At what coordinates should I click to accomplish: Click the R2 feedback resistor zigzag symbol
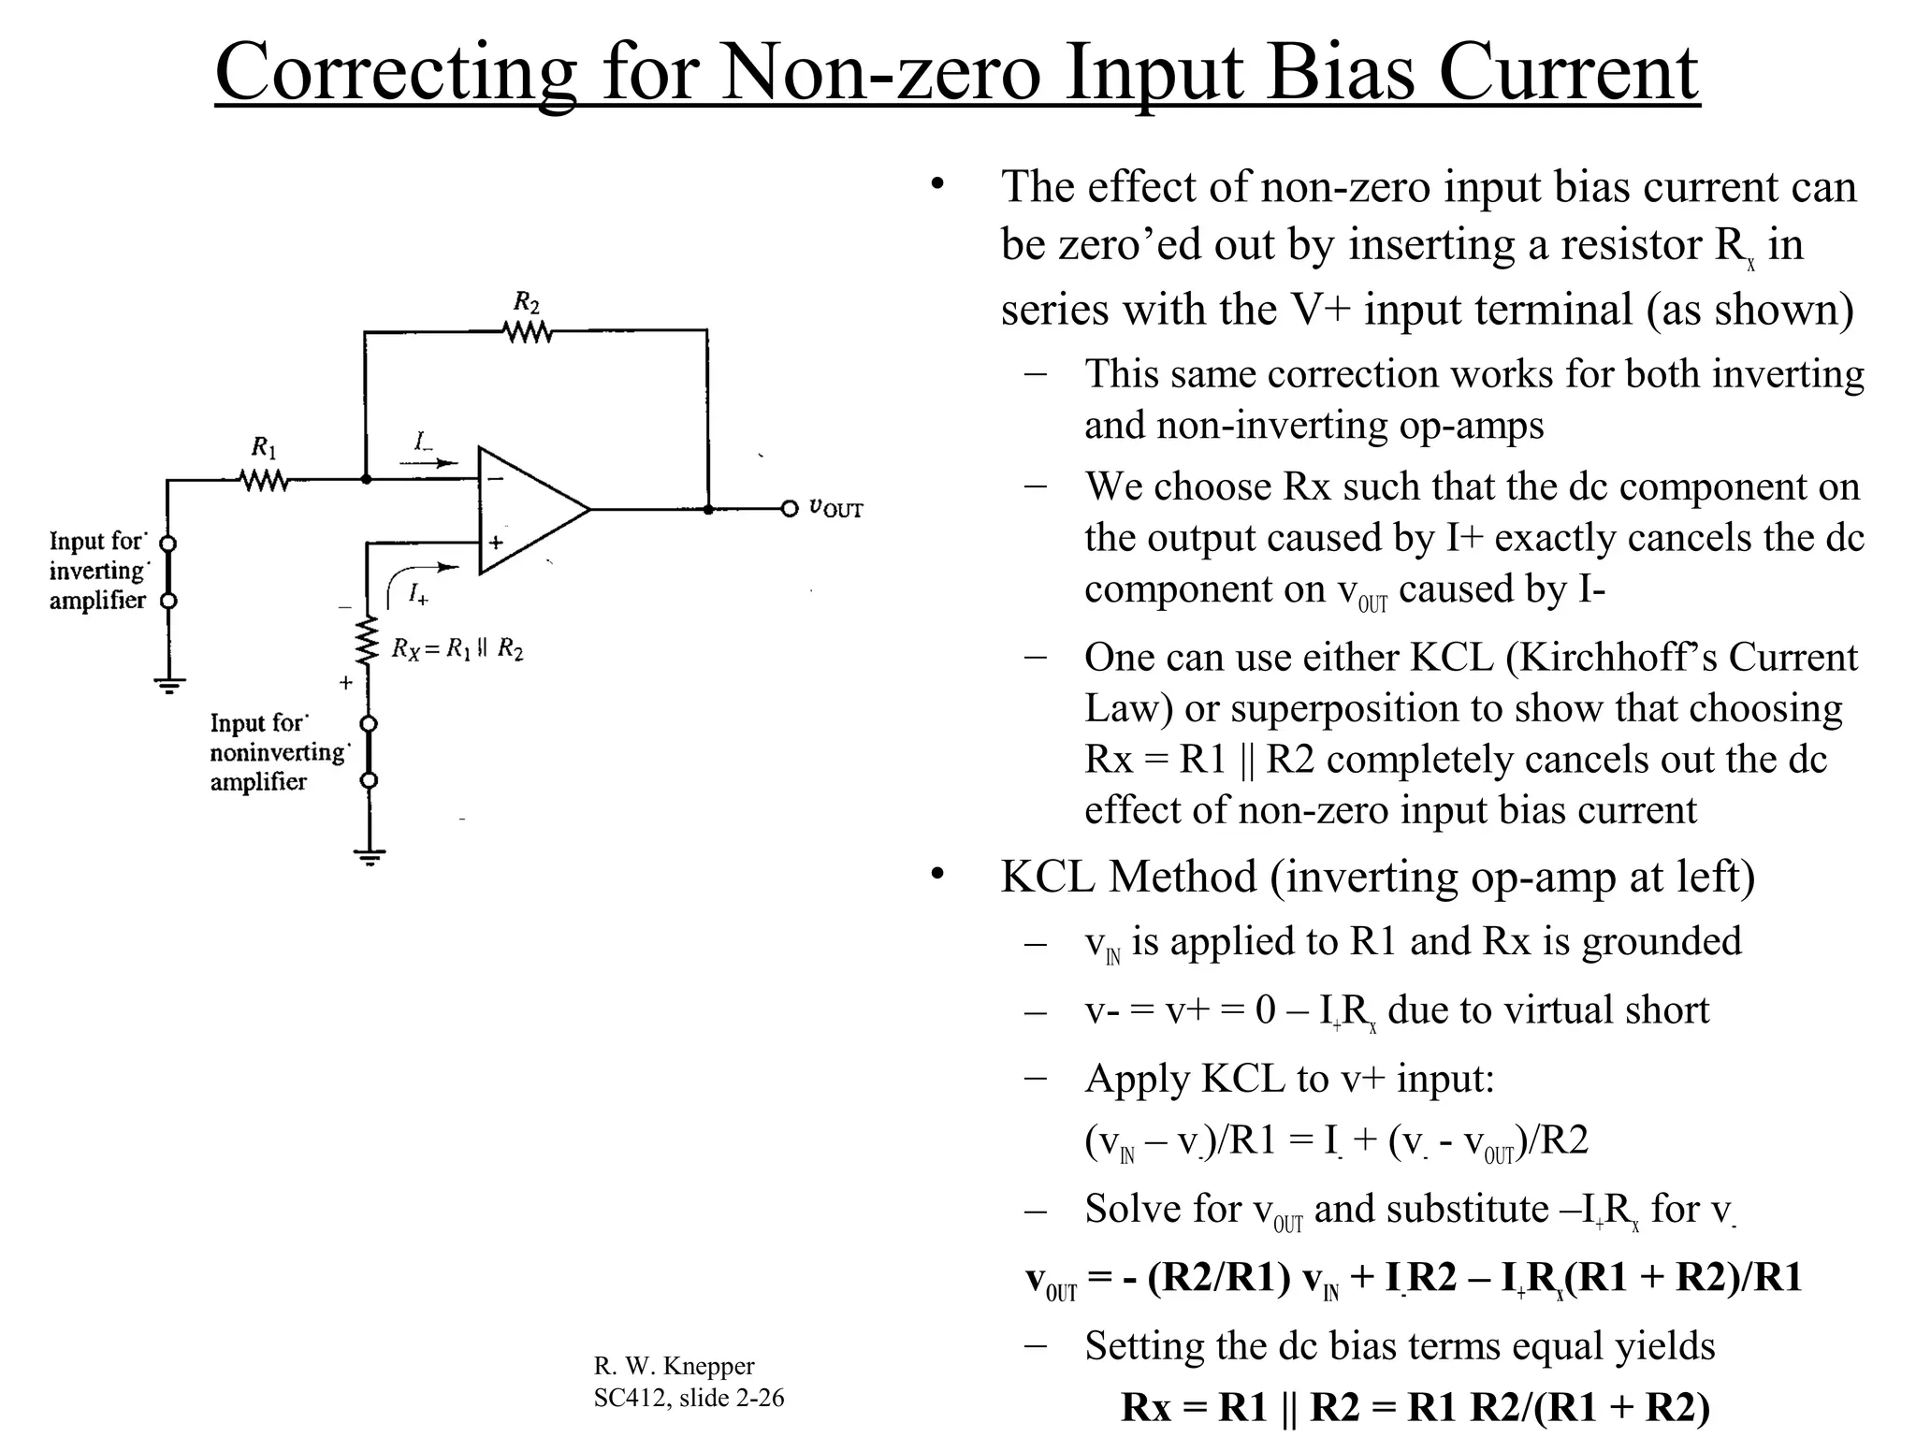528,332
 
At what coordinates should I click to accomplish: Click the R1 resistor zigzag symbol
264,481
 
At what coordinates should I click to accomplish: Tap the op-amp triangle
529,510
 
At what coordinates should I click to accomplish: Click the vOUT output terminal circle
790,509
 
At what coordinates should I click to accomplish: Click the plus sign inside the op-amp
496,542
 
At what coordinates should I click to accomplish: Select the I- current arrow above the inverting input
428,462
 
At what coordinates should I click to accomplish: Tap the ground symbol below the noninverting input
370,856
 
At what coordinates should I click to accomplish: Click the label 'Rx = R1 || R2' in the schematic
457,648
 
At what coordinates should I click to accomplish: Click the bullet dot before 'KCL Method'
936,875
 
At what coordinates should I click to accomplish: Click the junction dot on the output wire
708,509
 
